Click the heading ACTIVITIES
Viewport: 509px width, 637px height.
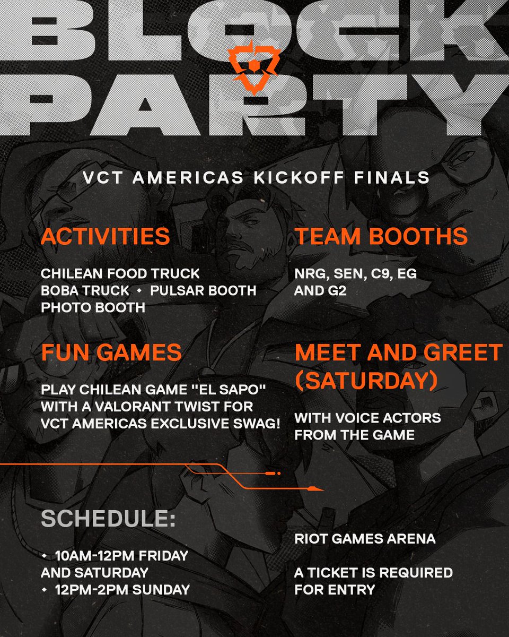click(105, 237)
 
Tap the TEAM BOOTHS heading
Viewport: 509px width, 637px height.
click(381, 237)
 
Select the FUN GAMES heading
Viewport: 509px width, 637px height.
click(111, 352)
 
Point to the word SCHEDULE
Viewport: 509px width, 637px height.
click(108, 520)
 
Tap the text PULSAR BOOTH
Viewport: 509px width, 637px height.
click(203, 291)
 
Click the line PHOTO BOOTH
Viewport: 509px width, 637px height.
click(93, 307)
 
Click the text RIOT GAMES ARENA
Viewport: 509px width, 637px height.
click(365, 539)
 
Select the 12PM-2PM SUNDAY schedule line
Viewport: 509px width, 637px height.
click(122, 589)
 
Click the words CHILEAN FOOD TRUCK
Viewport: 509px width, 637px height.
click(120, 274)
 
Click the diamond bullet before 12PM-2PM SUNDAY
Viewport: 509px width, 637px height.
click(45, 589)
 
